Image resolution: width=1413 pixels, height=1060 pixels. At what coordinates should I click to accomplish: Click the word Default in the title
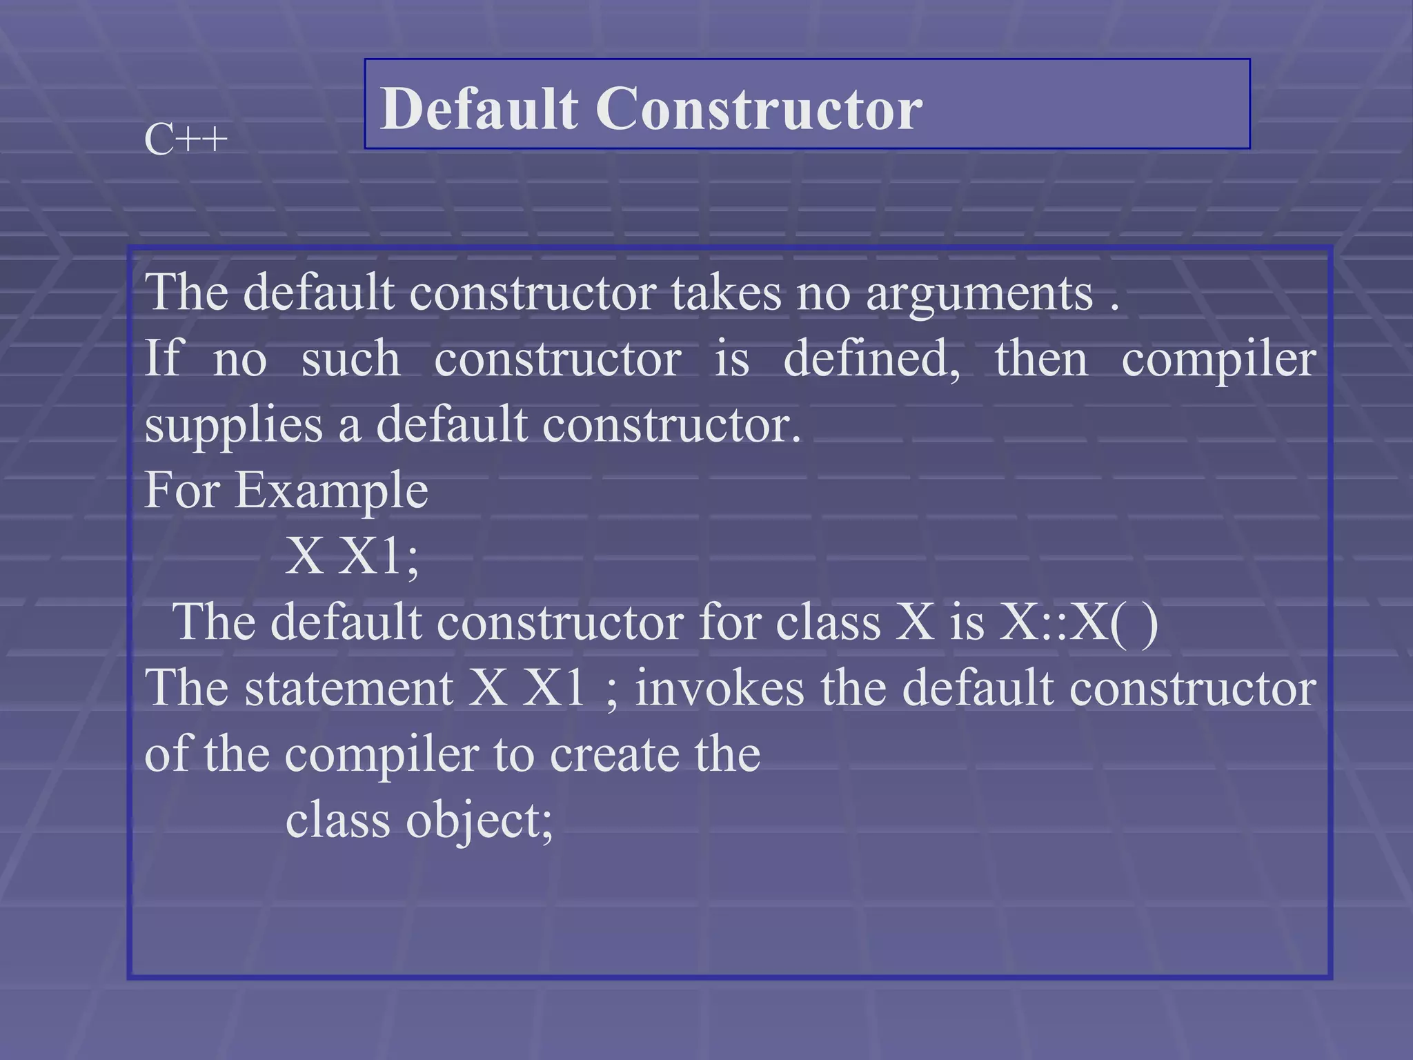click(x=479, y=108)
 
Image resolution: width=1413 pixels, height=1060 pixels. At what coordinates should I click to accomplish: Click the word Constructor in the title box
click(x=758, y=108)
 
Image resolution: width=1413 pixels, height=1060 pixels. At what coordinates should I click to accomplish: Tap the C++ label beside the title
click(x=186, y=141)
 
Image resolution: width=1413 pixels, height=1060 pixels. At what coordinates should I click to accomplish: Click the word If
click(x=163, y=358)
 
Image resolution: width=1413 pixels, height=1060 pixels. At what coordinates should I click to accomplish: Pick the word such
click(x=350, y=360)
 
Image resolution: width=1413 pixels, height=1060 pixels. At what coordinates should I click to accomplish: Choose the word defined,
click(x=871, y=360)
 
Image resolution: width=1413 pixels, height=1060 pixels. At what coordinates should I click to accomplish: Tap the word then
click(x=1040, y=360)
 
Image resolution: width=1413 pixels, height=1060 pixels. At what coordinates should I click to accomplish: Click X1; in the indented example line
click(x=379, y=556)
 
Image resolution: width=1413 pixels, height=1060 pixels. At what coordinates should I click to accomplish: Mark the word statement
click(x=348, y=689)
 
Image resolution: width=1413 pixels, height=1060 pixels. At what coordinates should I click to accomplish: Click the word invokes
click(x=720, y=689)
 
